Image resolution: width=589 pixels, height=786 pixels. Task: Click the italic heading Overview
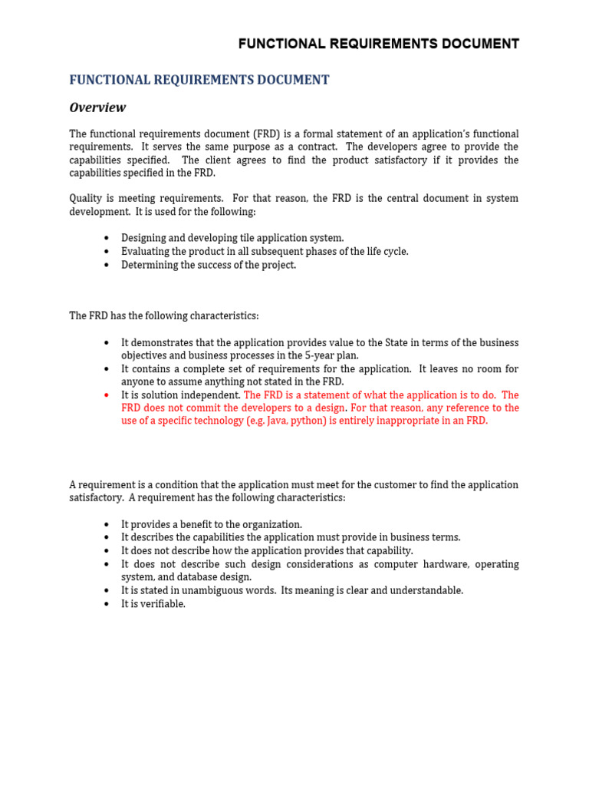pos(97,107)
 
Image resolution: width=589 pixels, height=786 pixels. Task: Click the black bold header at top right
pos(378,44)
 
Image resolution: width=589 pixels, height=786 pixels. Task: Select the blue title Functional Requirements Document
pos(199,80)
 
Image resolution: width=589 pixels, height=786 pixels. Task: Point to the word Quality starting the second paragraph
pos(87,198)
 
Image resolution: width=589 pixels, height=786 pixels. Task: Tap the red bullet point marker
pos(107,395)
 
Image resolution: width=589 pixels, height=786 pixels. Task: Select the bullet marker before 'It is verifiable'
pos(107,605)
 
